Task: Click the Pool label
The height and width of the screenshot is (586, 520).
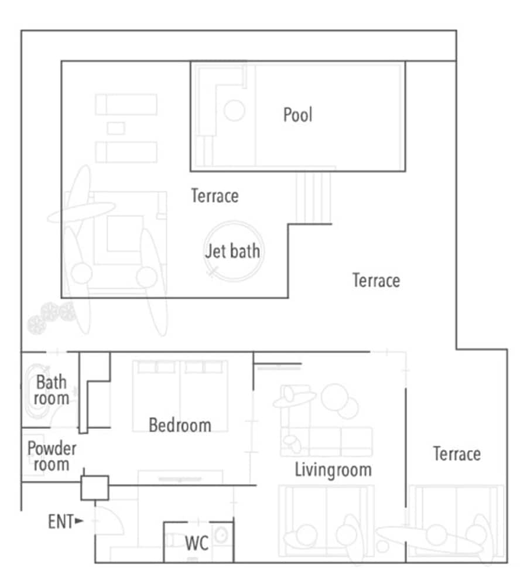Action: tap(297, 115)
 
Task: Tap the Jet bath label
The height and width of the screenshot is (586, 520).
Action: tap(232, 251)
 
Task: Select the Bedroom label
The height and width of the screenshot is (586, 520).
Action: tap(180, 425)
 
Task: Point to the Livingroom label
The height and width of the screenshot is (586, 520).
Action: tap(333, 470)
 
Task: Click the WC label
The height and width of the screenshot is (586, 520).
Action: tap(197, 543)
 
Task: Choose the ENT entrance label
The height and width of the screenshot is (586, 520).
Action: tap(61, 522)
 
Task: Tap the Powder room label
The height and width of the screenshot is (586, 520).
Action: tap(52, 456)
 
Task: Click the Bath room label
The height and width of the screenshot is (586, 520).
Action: tap(52, 390)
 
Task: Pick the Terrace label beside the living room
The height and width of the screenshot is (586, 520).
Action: tap(457, 454)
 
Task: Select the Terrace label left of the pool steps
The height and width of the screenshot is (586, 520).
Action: tap(215, 196)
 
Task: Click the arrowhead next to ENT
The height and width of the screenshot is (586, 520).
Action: tap(79, 520)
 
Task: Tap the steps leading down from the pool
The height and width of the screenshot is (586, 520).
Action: tap(313, 197)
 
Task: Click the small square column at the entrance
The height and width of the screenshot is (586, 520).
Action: tap(95, 488)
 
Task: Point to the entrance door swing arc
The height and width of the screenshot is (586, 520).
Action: tap(119, 517)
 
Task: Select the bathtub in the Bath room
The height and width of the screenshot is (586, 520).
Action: tap(37, 391)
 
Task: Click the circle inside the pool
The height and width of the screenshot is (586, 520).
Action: tap(234, 110)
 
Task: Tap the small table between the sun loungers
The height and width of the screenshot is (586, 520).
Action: tap(116, 128)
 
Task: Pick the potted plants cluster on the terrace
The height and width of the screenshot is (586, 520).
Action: tap(52, 317)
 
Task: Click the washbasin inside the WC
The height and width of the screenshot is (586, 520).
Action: tap(221, 536)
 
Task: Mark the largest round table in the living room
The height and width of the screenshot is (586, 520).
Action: tap(335, 397)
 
